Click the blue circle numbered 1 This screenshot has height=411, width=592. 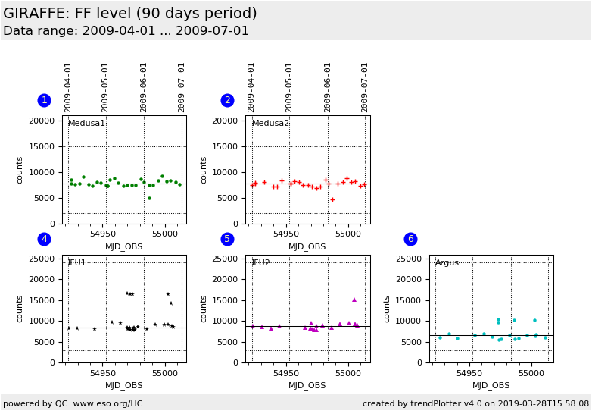[44, 100]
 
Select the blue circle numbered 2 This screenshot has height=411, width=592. [227, 100]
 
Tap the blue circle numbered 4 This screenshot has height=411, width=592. [44, 239]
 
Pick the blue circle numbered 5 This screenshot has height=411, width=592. [227, 239]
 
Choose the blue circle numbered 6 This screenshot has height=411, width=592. [410, 239]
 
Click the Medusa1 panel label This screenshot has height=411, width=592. [86, 124]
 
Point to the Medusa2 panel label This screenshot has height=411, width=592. [270, 124]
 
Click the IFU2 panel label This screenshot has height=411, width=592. [260, 262]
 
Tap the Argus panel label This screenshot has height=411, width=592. [447, 262]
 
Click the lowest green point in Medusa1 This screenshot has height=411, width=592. [149, 199]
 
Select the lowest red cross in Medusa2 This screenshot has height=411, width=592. [332, 200]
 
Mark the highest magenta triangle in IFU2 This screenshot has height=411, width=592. [354, 300]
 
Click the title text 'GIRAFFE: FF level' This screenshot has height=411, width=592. [129, 14]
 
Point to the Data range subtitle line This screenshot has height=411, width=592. [126, 31]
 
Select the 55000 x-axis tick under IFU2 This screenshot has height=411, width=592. [348, 373]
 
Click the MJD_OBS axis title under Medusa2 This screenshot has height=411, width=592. [307, 246]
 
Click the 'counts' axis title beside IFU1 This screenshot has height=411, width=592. [20, 309]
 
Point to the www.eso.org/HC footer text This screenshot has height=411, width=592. [73, 403]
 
